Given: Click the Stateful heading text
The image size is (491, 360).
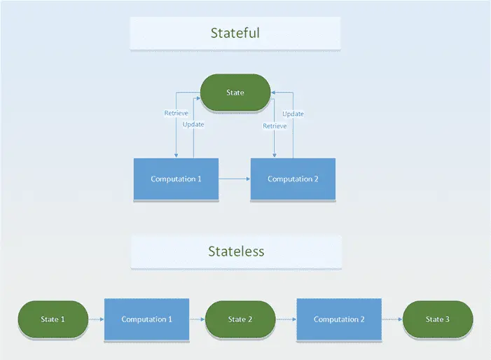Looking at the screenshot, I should (235, 33).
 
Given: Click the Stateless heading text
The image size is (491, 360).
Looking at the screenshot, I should (236, 251).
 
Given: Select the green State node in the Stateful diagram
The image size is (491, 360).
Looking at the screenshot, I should (235, 92).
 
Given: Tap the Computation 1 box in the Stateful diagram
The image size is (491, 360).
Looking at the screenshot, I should (176, 179).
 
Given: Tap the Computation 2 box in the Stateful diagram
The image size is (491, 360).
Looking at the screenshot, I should (293, 179).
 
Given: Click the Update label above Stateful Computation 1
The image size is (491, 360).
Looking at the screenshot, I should (193, 125).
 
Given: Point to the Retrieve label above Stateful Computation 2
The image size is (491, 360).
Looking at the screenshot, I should (274, 126).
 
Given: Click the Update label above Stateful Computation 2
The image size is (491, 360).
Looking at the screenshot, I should (293, 113).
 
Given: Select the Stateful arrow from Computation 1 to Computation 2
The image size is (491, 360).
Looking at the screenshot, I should (234, 179).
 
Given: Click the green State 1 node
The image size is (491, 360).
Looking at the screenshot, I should (53, 319).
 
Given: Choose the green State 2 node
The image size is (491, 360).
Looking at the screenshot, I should (237, 319).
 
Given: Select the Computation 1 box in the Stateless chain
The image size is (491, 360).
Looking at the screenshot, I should (146, 319).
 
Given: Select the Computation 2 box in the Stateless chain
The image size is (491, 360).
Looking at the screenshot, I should (339, 319).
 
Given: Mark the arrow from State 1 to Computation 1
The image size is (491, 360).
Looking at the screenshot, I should (96, 319).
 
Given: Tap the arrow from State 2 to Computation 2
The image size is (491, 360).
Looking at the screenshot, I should (285, 319).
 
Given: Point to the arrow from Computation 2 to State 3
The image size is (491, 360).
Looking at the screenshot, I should (392, 319).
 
